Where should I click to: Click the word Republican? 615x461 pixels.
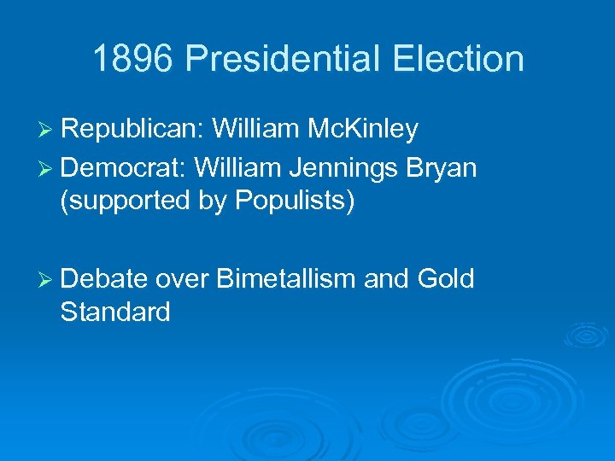click(x=131, y=129)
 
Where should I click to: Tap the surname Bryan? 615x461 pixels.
click(x=442, y=167)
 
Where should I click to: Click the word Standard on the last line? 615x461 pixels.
click(x=115, y=312)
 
